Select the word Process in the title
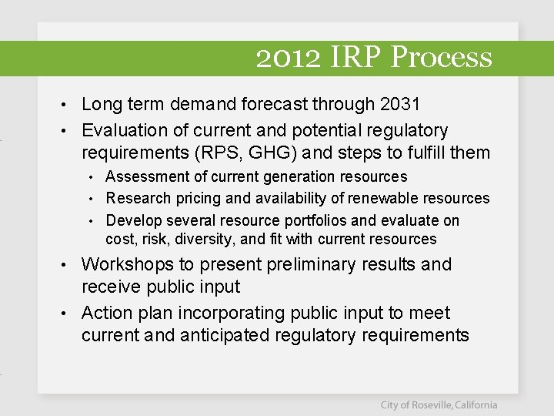click(x=442, y=58)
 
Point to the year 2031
click(x=399, y=104)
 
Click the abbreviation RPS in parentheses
click(x=244, y=153)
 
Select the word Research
click(x=135, y=199)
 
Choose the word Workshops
click(x=128, y=264)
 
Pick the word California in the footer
click(x=475, y=405)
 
